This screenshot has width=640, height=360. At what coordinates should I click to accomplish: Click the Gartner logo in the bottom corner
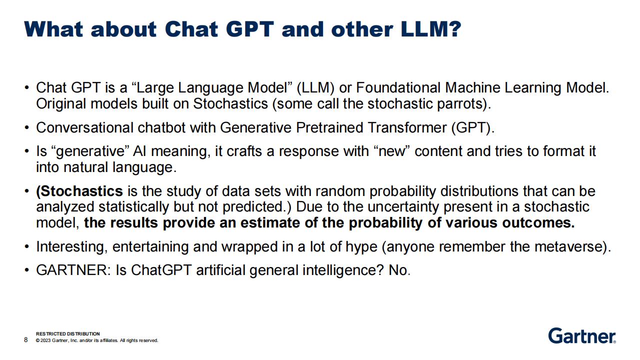(582, 335)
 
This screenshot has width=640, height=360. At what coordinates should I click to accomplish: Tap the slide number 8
(26, 339)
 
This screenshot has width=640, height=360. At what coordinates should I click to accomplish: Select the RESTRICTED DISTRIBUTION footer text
(68, 333)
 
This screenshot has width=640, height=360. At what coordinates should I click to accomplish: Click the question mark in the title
(453, 29)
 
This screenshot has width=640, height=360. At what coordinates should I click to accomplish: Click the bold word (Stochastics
(79, 191)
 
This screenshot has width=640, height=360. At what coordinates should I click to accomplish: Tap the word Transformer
(407, 127)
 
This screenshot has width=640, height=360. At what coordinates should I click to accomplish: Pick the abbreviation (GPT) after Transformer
(473, 127)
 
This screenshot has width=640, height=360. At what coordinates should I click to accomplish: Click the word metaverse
(570, 247)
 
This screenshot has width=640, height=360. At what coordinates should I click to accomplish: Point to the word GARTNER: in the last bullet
(73, 270)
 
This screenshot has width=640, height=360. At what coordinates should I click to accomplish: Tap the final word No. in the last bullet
(399, 270)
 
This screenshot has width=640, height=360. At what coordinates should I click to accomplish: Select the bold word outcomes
(538, 223)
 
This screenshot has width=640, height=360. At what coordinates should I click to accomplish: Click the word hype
(361, 247)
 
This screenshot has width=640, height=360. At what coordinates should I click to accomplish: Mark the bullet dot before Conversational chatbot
(26, 127)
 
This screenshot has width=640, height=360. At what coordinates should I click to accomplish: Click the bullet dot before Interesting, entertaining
(26, 247)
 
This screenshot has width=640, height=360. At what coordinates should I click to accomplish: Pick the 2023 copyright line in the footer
(97, 340)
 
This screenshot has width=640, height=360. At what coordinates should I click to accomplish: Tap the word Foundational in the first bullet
(398, 87)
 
